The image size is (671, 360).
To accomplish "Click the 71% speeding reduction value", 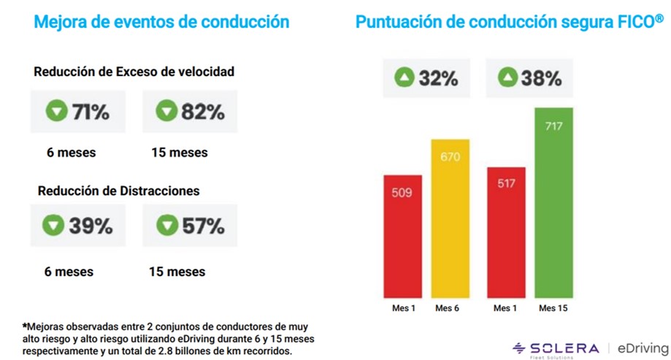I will (89, 112).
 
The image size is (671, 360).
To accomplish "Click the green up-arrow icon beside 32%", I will (404, 78).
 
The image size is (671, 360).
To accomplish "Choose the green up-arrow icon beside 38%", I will (509, 78).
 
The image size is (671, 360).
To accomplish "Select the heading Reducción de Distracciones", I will (119, 191).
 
